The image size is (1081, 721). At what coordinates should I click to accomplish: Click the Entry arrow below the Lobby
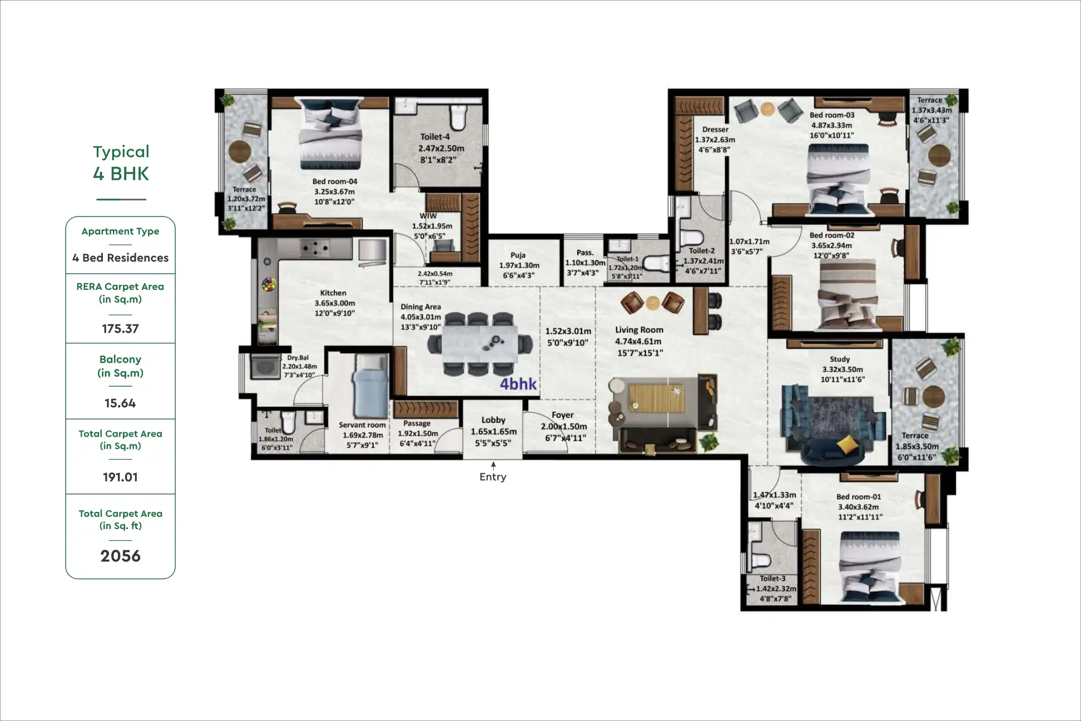pyautogui.click(x=493, y=466)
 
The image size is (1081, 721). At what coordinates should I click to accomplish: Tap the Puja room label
pyautogui.click(x=518, y=255)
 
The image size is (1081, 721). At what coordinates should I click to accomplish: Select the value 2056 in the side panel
pyautogui.click(x=120, y=556)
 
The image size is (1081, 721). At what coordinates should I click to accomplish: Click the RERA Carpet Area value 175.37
pyautogui.click(x=120, y=328)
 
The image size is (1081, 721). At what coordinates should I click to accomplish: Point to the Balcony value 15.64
pyautogui.click(x=120, y=403)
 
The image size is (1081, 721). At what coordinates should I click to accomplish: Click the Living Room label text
pyautogui.click(x=639, y=329)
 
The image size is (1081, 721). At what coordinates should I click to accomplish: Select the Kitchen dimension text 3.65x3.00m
pyautogui.click(x=334, y=303)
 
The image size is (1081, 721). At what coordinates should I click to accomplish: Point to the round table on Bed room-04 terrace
pyautogui.click(x=240, y=151)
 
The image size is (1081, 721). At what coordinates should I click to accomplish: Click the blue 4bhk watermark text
pyautogui.click(x=518, y=383)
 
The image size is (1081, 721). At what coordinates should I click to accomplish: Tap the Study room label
pyautogui.click(x=839, y=359)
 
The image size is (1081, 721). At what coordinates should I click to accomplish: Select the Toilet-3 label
pyautogui.click(x=772, y=579)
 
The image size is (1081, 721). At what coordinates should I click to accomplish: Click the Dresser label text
pyautogui.click(x=715, y=130)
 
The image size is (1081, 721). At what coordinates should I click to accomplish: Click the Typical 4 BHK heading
pyautogui.click(x=121, y=162)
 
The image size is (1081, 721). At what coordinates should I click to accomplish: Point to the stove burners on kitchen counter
pyautogui.click(x=314, y=246)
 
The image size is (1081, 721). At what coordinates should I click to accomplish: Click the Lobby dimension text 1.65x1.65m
pyautogui.click(x=493, y=432)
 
